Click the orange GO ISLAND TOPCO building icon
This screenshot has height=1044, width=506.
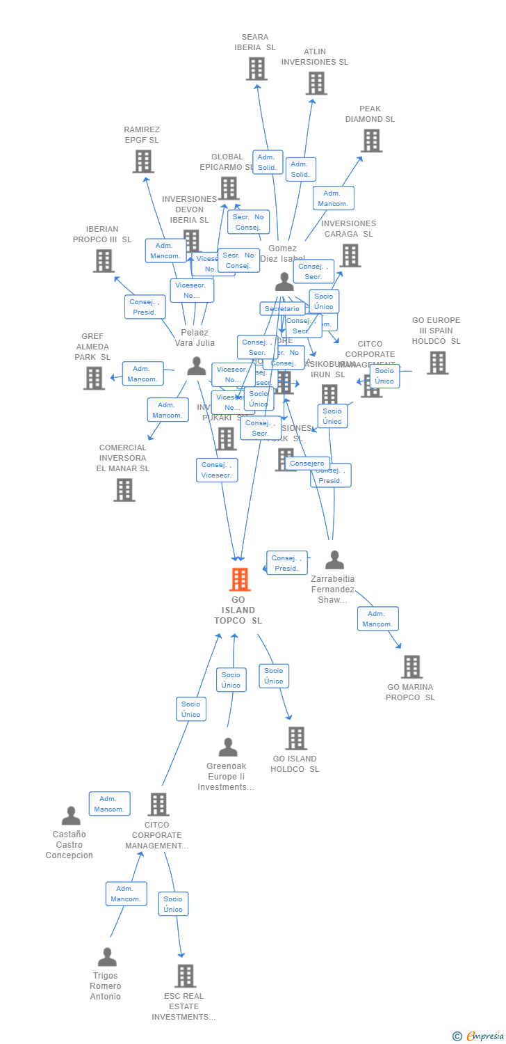pos(239,579)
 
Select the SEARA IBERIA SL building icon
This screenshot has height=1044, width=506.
pos(256,68)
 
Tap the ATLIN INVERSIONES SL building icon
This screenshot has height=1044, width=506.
pos(316,84)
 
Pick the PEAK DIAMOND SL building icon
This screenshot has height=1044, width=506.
pos(371,141)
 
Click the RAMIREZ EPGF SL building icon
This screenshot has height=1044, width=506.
pos(143,161)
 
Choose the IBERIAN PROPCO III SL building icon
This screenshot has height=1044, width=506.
pos(104,261)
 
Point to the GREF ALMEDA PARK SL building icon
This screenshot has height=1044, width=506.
pos(94,378)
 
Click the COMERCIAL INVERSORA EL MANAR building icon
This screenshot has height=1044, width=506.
pos(124,490)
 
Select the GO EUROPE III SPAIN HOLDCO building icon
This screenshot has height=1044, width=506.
pos(437,363)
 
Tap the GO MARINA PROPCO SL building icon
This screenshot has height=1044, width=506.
pos(411,667)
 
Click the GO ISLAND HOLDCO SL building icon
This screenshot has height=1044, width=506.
pos(296,738)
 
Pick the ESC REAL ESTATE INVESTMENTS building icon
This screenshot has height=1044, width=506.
pos(185,976)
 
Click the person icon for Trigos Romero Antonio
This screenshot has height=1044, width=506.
pos(107,957)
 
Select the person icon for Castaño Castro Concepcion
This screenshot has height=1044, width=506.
pos(71,816)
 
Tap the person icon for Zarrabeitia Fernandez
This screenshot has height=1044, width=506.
pos(334,560)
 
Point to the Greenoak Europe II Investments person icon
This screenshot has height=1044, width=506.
pos(228,748)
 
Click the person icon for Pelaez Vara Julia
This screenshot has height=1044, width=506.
pos(197,366)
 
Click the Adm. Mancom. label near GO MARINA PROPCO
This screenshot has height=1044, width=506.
pos(378,619)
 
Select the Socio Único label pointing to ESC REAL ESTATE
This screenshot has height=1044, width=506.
pos(173,904)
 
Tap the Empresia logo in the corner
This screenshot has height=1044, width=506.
pos(480,1036)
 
